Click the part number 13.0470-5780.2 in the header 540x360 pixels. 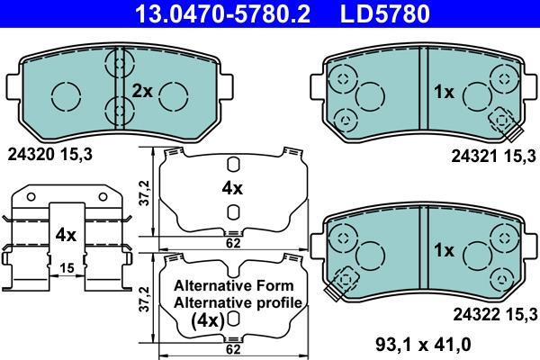(222, 13)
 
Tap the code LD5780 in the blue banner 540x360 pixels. (385, 13)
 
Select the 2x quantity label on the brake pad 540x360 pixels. (142, 91)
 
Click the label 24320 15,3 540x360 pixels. (49, 155)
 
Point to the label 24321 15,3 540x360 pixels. (493, 157)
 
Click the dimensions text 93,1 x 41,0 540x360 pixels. (423, 344)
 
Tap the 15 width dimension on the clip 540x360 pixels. (67, 267)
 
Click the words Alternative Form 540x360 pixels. (234, 285)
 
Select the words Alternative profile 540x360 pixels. (238, 302)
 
